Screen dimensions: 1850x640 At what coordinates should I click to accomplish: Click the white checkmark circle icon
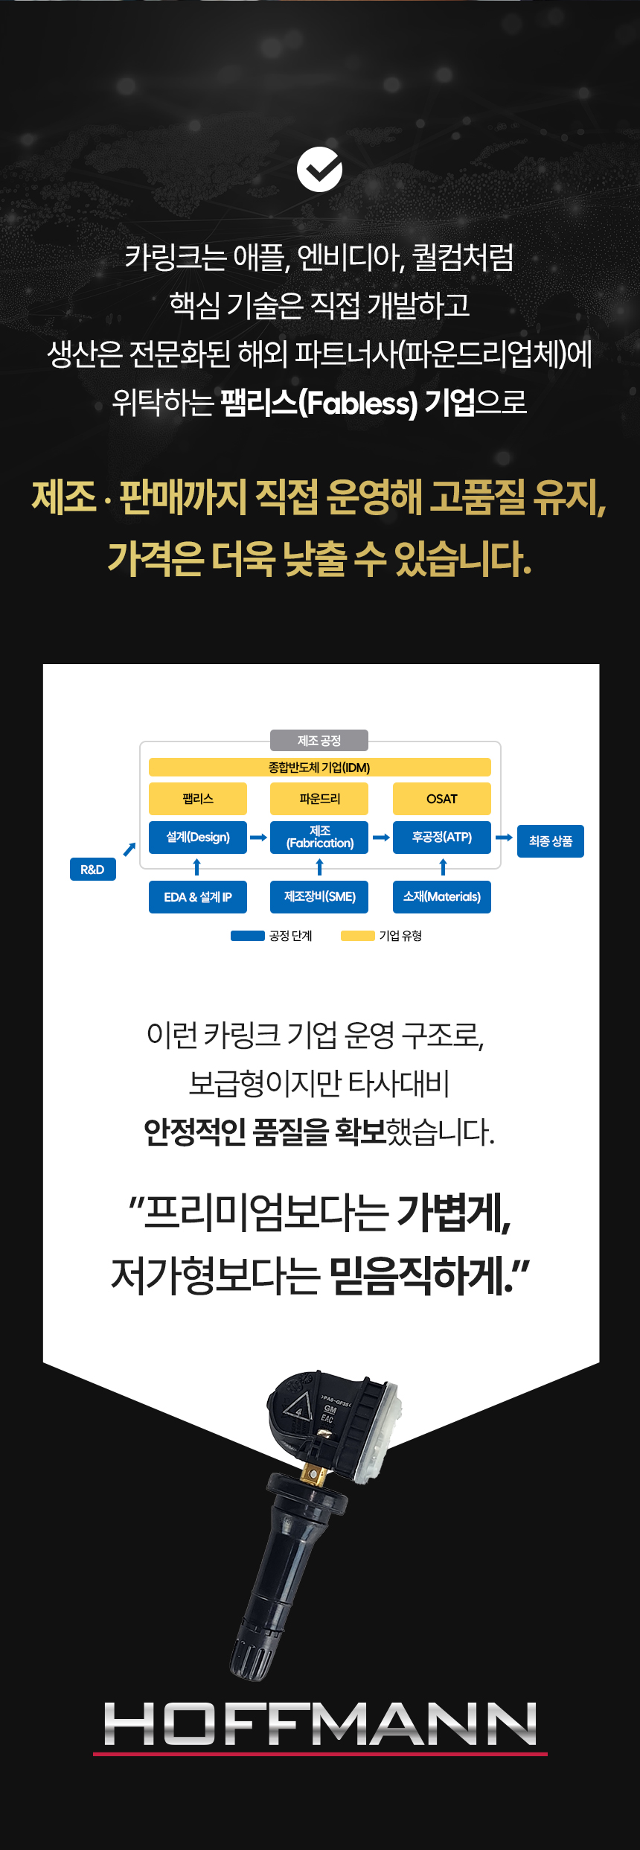[319, 170]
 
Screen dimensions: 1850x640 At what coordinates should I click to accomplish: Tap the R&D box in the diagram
[93, 870]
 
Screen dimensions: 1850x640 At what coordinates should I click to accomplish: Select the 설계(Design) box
[198, 838]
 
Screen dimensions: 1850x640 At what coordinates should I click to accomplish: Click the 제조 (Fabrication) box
[319, 838]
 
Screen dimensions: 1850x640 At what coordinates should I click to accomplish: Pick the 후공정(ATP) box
[442, 838]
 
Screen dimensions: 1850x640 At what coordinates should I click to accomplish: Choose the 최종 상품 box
[551, 841]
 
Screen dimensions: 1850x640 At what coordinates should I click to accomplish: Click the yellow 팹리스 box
[198, 799]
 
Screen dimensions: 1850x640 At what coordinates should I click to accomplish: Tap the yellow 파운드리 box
[319, 799]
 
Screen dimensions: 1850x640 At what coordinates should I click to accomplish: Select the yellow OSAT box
[442, 799]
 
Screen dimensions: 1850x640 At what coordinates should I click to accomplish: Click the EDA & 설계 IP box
[198, 897]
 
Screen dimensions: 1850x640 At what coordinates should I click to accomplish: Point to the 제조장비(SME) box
[319, 897]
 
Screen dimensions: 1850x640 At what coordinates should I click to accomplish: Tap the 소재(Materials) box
[442, 897]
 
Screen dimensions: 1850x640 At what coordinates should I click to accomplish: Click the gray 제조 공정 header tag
[319, 741]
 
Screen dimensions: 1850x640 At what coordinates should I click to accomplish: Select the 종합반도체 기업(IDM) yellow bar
[319, 768]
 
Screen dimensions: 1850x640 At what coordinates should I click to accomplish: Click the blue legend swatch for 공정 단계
[248, 936]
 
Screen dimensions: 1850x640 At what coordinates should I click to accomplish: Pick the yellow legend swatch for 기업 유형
[358, 936]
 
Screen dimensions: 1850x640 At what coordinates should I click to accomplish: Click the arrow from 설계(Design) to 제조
[258, 838]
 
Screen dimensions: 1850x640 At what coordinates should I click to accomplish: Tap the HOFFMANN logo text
[320, 1724]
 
